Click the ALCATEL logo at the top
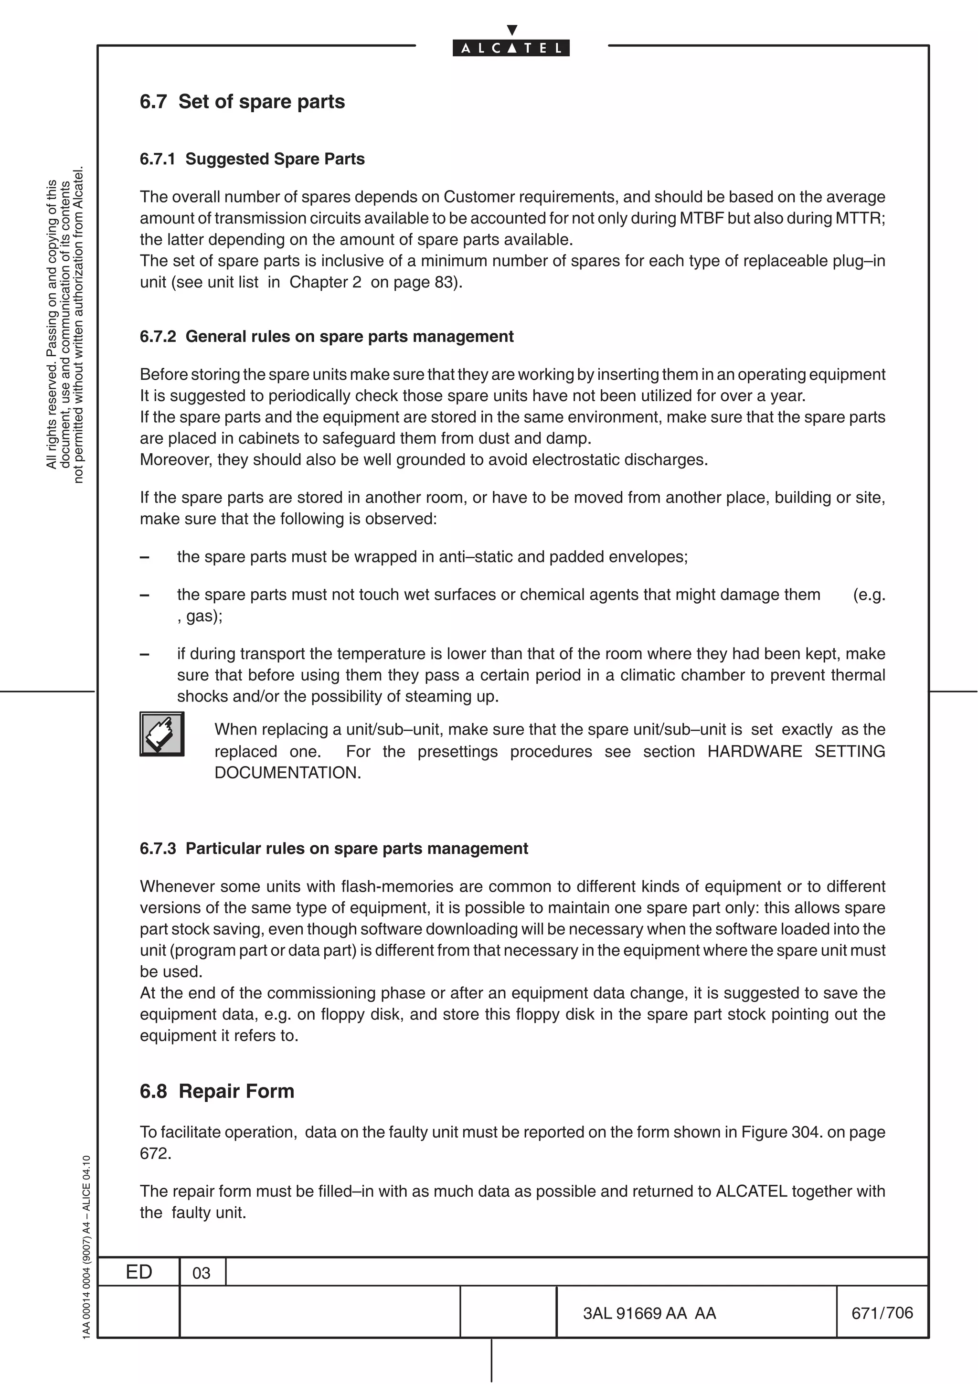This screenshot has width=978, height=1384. click(x=511, y=48)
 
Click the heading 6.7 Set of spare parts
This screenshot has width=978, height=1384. click(x=242, y=101)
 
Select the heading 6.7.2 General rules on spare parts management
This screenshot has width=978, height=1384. click(x=327, y=336)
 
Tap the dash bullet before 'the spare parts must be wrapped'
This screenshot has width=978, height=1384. click(x=145, y=557)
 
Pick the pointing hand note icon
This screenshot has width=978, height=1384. click(x=162, y=734)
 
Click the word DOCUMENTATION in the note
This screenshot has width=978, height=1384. click(x=287, y=773)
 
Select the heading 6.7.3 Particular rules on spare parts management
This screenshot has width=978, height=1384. click(x=334, y=849)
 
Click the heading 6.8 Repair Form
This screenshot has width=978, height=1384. click(x=217, y=1091)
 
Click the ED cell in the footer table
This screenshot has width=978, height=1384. click(x=138, y=1272)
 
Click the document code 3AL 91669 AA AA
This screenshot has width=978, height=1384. click(x=649, y=1313)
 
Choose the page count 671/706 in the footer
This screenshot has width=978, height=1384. click(x=882, y=1312)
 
